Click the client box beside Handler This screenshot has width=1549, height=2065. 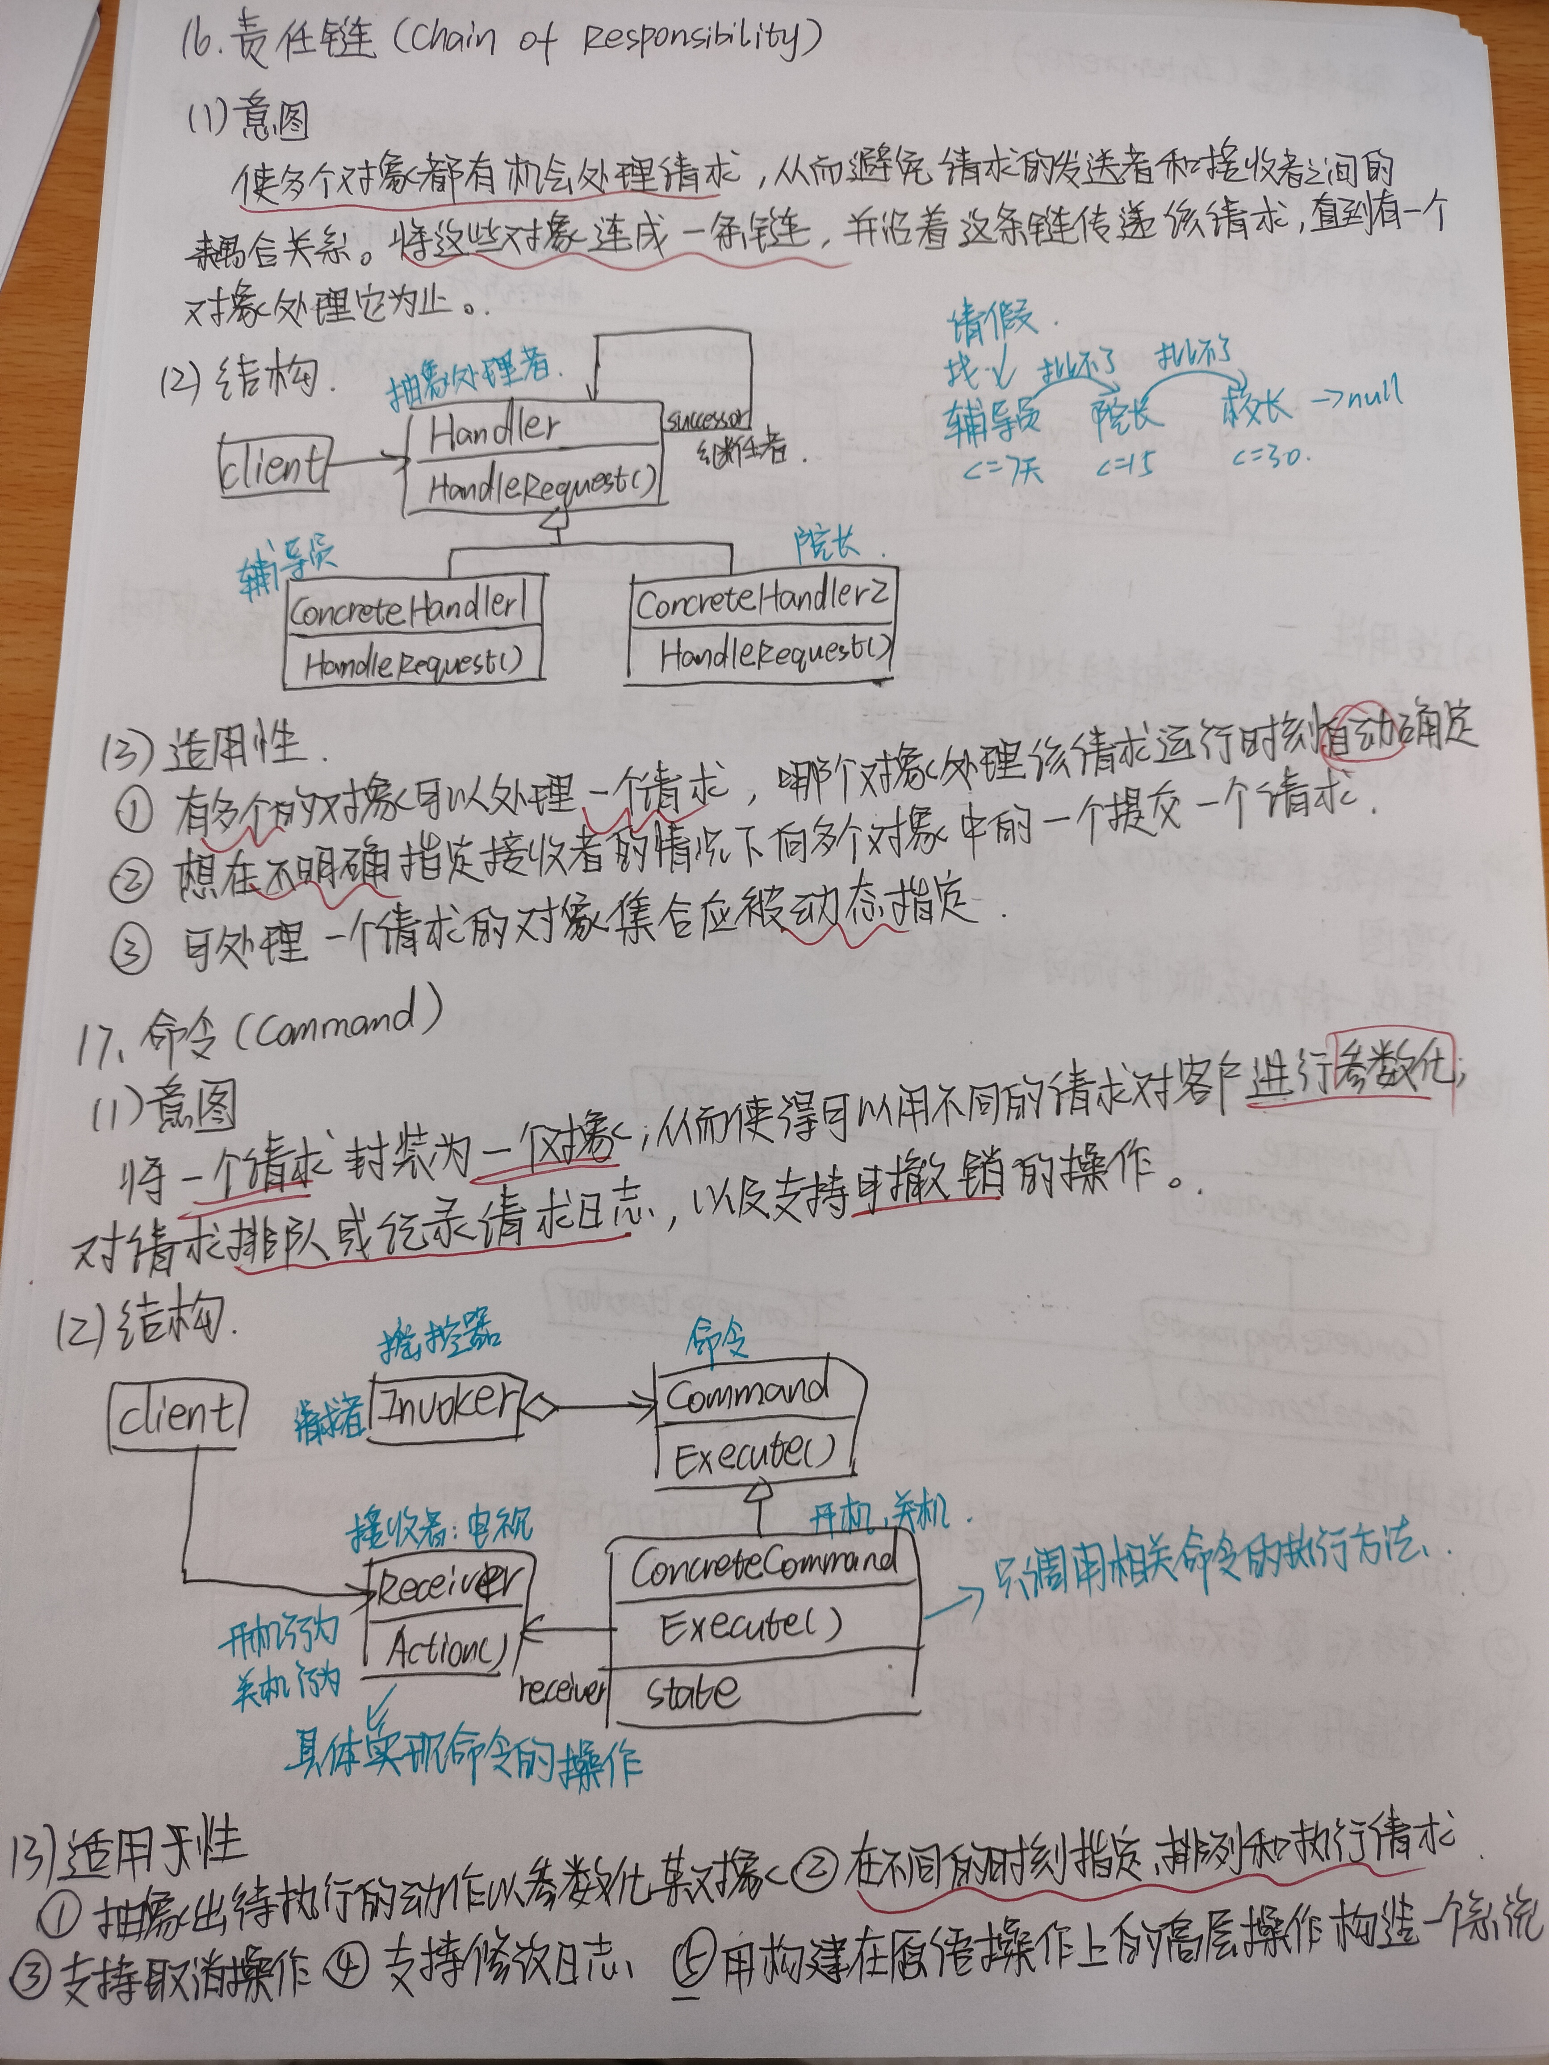click(x=273, y=464)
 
